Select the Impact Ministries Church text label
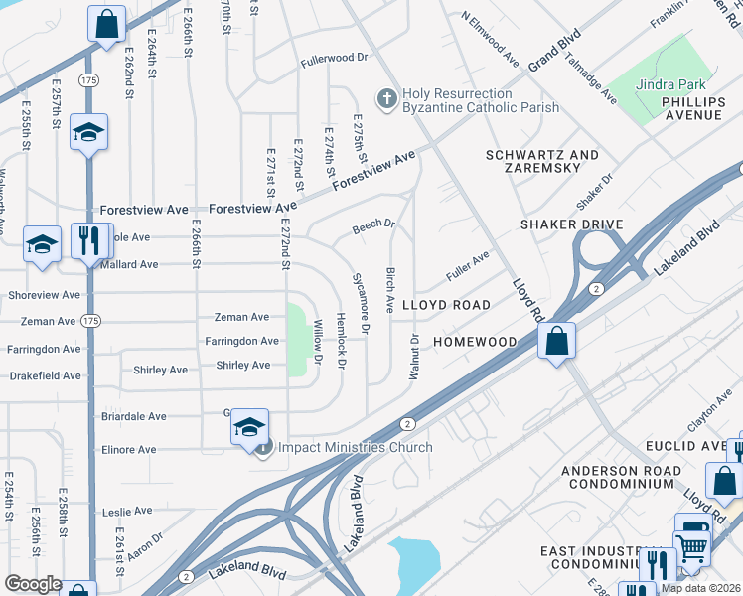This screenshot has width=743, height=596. pos(355,448)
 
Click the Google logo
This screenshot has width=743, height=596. pos(33,584)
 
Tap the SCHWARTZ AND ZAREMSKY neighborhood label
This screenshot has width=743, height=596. pos(541,162)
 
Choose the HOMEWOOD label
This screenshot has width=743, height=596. pos(475,342)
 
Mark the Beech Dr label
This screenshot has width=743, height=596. pos(373,228)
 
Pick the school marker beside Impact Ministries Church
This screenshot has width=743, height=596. pos(249,427)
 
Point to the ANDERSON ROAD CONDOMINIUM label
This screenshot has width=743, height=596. pos(621,477)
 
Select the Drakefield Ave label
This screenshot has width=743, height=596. pos(46,375)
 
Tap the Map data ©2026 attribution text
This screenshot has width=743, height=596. pos(701,588)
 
